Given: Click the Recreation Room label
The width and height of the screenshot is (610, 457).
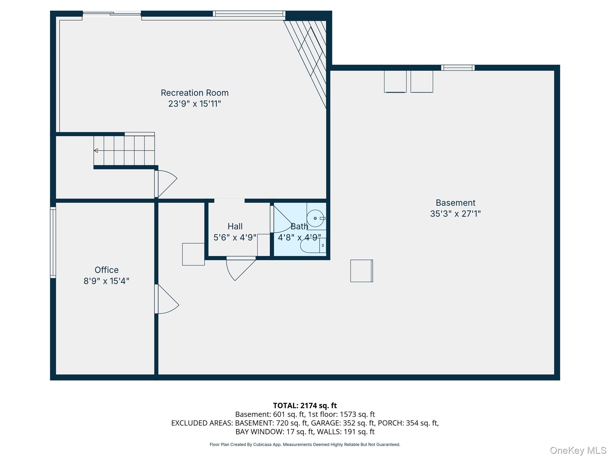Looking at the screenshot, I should (x=194, y=93).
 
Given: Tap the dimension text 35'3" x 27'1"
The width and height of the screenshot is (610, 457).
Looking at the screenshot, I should (x=455, y=214).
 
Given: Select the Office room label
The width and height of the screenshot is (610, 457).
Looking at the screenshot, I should (x=106, y=270).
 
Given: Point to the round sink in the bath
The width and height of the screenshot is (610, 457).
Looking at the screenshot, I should (x=315, y=218).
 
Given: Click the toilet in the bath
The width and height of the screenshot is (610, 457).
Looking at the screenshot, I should (x=311, y=246).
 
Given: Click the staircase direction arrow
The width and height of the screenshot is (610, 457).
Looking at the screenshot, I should (x=96, y=151).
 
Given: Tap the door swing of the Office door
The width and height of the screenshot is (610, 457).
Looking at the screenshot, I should (x=167, y=301).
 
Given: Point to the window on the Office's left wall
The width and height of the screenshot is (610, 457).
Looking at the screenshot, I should (x=53, y=242).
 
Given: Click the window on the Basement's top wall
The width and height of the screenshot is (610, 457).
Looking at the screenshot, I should (x=458, y=68).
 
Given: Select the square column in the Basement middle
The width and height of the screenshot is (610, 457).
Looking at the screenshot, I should (x=361, y=271).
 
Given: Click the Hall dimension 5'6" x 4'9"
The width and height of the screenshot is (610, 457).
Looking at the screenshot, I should (x=235, y=237).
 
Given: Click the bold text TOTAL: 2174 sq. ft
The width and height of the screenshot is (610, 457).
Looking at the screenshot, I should (x=305, y=406).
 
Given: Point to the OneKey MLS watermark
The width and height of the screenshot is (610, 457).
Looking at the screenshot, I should (x=578, y=450).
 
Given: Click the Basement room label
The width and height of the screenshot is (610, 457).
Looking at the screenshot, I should (x=455, y=203).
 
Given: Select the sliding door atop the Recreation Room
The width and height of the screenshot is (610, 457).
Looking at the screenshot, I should (x=112, y=13).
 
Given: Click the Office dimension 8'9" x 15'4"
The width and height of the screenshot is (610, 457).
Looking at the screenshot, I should (x=106, y=281).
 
